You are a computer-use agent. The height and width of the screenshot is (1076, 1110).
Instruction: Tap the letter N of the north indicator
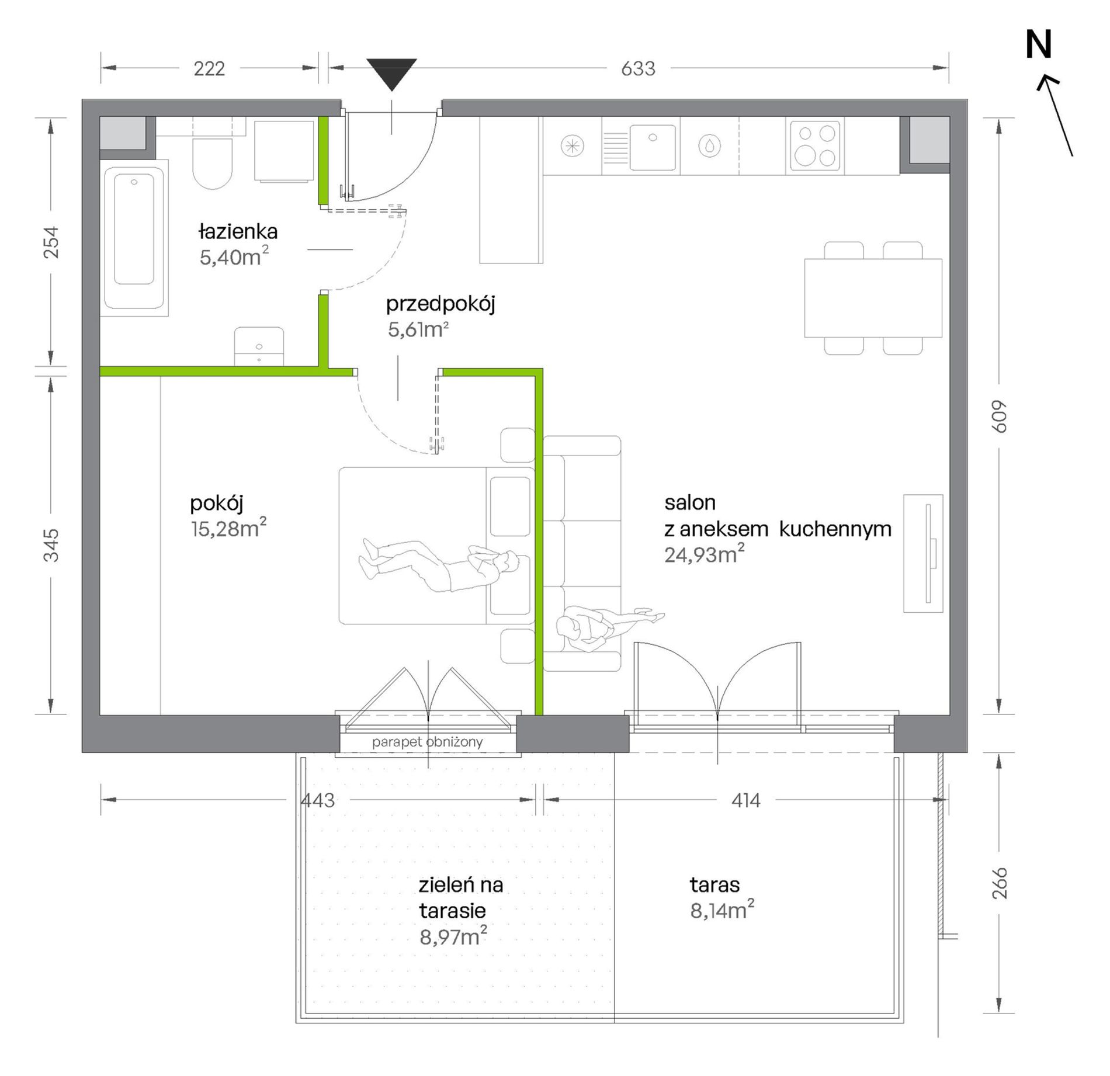point(1039,45)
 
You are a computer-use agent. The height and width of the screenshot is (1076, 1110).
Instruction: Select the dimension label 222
point(209,69)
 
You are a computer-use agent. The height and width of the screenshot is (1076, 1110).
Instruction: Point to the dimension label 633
point(638,69)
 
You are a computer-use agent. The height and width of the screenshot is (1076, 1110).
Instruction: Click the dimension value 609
point(1000,416)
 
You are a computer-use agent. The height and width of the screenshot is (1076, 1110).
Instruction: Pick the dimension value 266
point(1000,883)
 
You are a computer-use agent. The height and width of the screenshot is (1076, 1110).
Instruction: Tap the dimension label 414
point(746,800)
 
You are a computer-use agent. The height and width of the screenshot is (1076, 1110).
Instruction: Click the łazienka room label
point(238,232)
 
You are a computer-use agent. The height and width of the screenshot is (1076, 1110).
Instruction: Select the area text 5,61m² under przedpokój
point(418,329)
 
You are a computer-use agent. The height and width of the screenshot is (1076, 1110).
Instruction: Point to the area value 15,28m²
point(228,528)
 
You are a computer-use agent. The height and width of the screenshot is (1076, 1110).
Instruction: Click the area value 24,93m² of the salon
point(705,554)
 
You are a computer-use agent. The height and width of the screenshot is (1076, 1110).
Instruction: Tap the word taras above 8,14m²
point(714,885)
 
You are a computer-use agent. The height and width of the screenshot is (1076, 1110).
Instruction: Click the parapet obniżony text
point(428,742)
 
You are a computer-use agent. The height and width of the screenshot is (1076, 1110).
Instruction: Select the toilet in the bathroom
point(213,164)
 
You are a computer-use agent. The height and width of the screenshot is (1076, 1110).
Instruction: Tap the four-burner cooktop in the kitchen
point(815,146)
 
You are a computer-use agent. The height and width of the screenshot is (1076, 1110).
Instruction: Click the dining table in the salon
point(873,298)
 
